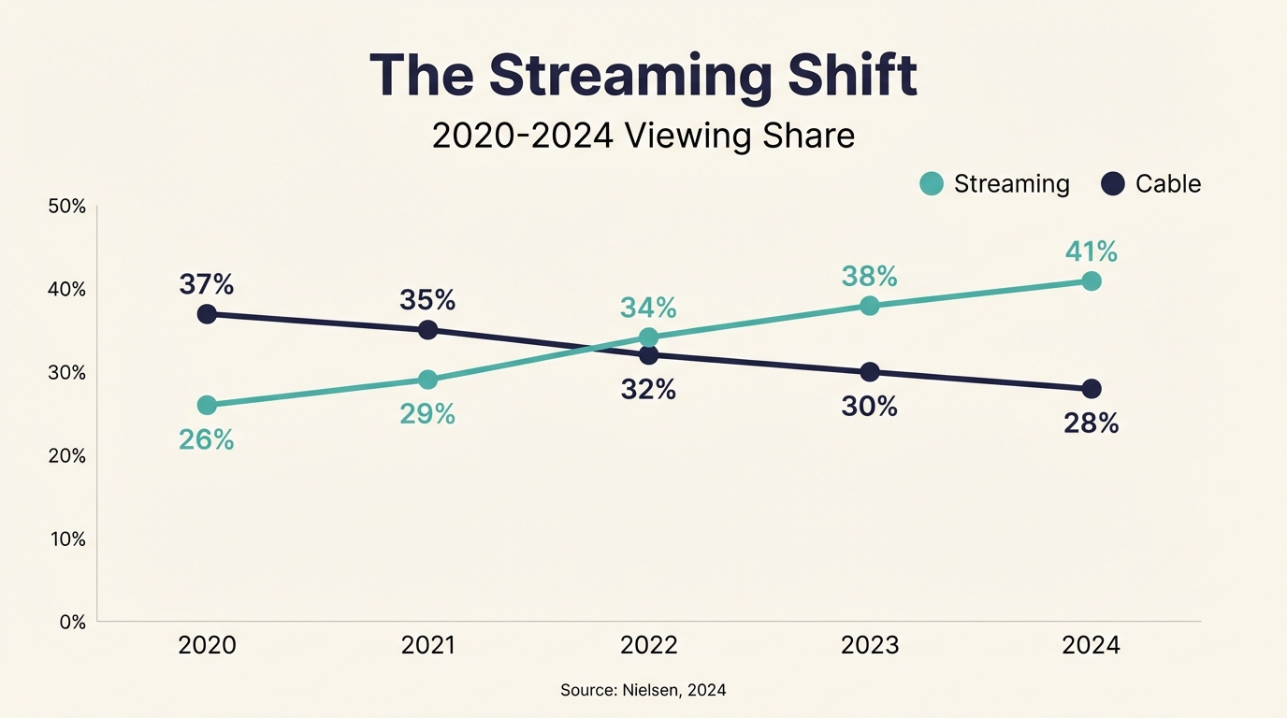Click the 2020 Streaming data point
[207, 405]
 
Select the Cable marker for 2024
[1091, 389]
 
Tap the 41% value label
[1091, 251]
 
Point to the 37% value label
[207, 284]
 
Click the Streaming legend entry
[995, 183]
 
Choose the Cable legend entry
[1151, 183]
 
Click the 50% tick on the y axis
[65, 207]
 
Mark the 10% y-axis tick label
[65, 539]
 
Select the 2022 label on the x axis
[648, 646]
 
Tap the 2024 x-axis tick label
[1091, 646]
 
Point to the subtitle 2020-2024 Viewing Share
[643, 136]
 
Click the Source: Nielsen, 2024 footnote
[643, 690]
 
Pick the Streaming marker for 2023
[870, 306]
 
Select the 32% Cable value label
[648, 389]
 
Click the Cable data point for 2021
[427, 330]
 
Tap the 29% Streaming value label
[427, 414]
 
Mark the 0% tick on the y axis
[71, 623]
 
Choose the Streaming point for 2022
[648, 337]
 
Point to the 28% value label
[1091, 424]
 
